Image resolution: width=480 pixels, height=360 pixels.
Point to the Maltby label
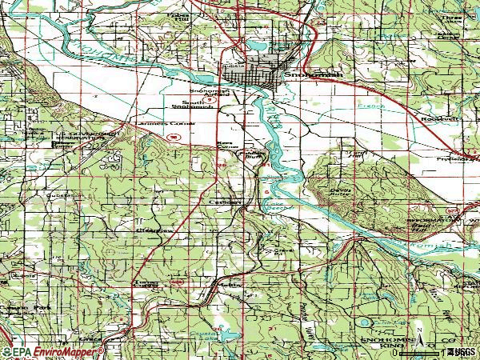click(229, 284)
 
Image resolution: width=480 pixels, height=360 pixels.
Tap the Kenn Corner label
click(227, 145)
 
